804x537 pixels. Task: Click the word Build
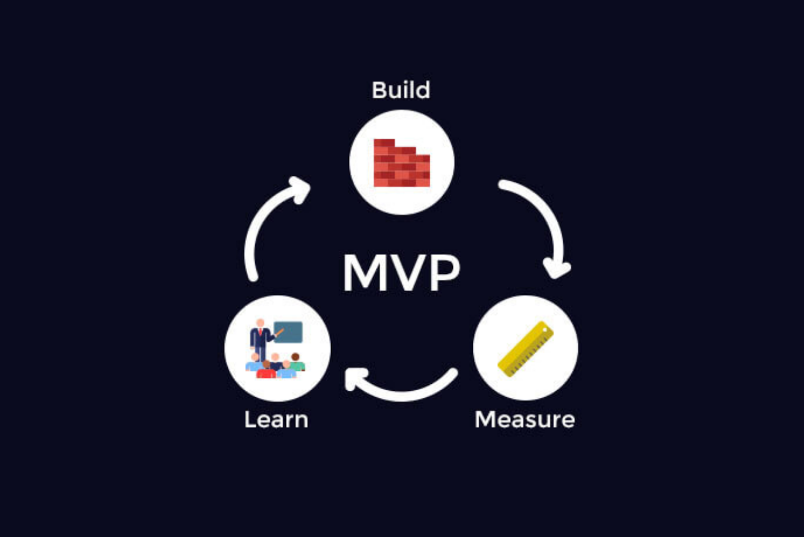(401, 90)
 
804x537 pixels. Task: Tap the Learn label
(276, 419)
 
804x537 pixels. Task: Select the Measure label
(525, 419)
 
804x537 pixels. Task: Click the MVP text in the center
(401, 273)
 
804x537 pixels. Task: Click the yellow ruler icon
(526, 349)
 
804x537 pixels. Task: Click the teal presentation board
(288, 332)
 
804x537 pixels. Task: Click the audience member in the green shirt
(296, 362)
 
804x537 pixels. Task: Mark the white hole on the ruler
(545, 330)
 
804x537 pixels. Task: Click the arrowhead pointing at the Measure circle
(557, 269)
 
